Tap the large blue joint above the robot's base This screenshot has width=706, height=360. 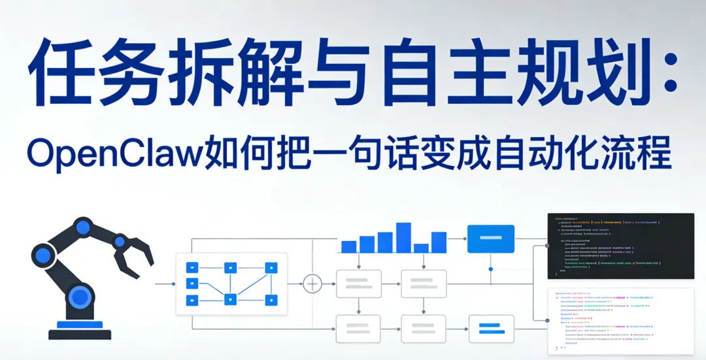pyautogui.click(x=80, y=298)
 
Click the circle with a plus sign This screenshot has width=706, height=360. pyautogui.click(x=312, y=284)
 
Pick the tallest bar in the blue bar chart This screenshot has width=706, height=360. pyautogui.click(x=403, y=237)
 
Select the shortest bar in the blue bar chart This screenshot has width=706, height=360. pyautogui.click(x=422, y=248)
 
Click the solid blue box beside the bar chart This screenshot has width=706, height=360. pyautogui.click(x=490, y=239)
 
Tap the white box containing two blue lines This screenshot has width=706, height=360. pyautogui.click(x=491, y=328)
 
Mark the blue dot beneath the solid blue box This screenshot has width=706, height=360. pyautogui.click(x=491, y=268)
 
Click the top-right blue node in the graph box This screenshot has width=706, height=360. pyautogui.click(x=271, y=267)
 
